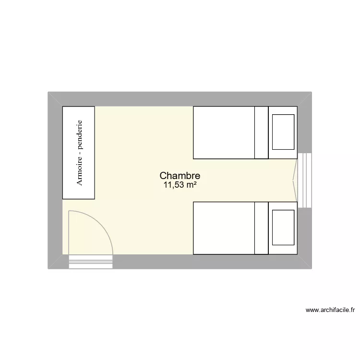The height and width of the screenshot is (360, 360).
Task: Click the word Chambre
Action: [180, 176]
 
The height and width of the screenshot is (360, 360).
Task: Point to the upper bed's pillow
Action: [283, 132]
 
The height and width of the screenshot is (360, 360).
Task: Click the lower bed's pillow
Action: [283, 228]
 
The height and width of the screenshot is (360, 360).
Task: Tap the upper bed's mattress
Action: [224, 132]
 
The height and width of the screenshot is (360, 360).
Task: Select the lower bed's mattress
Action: [224, 228]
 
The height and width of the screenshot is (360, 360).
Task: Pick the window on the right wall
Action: [304, 180]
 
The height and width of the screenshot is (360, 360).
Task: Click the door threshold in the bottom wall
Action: [91, 262]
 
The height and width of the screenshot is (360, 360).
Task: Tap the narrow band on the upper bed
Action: [261, 132]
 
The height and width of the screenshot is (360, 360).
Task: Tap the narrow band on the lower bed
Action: [261, 228]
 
